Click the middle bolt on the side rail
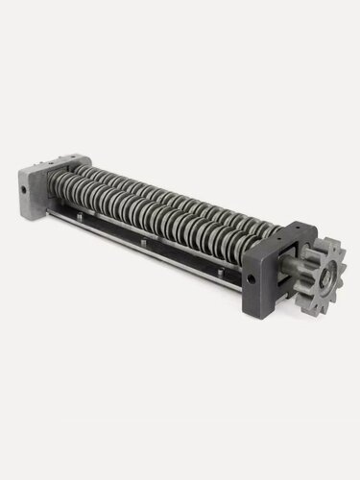[x=143, y=252]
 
